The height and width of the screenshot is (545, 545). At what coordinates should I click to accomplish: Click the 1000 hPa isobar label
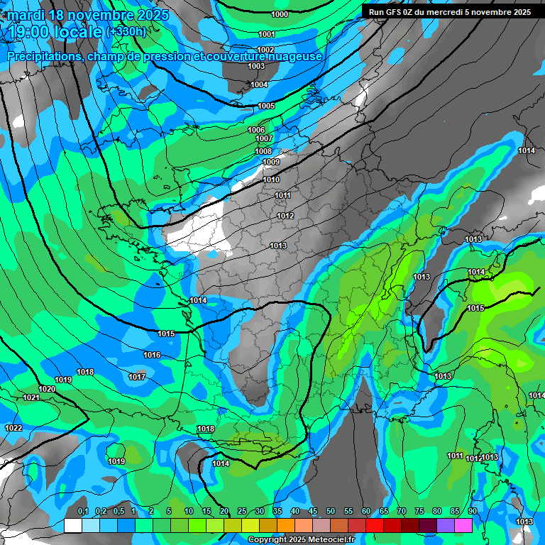(x=280, y=14)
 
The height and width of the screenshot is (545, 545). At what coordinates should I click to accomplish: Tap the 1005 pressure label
(x=266, y=106)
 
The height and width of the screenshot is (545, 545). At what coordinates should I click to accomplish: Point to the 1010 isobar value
(x=271, y=180)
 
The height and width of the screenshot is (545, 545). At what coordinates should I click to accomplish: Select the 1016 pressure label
(x=152, y=355)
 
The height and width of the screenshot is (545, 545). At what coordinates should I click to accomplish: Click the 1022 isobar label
(x=13, y=428)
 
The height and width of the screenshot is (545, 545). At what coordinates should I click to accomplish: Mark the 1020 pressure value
(x=47, y=389)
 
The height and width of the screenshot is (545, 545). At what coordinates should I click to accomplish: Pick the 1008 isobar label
(x=263, y=151)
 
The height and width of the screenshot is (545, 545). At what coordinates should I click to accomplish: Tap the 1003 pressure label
(x=256, y=66)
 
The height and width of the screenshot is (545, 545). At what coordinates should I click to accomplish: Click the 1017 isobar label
(x=137, y=376)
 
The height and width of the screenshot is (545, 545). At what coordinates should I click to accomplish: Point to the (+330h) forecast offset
(x=126, y=32)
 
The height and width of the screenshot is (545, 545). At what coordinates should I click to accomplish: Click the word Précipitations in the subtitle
(x=44, y=57)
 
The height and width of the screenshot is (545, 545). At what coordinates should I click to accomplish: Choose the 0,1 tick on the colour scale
(x=82, y=511)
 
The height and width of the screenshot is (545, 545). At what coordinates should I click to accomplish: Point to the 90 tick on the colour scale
(x=472, y=511)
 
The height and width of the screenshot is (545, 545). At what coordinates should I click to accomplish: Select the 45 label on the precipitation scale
(x=313, y=511)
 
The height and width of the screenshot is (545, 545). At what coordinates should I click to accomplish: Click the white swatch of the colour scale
(x=72, y=525)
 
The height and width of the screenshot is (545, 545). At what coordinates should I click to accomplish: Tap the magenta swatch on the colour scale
(x=463, y=525)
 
